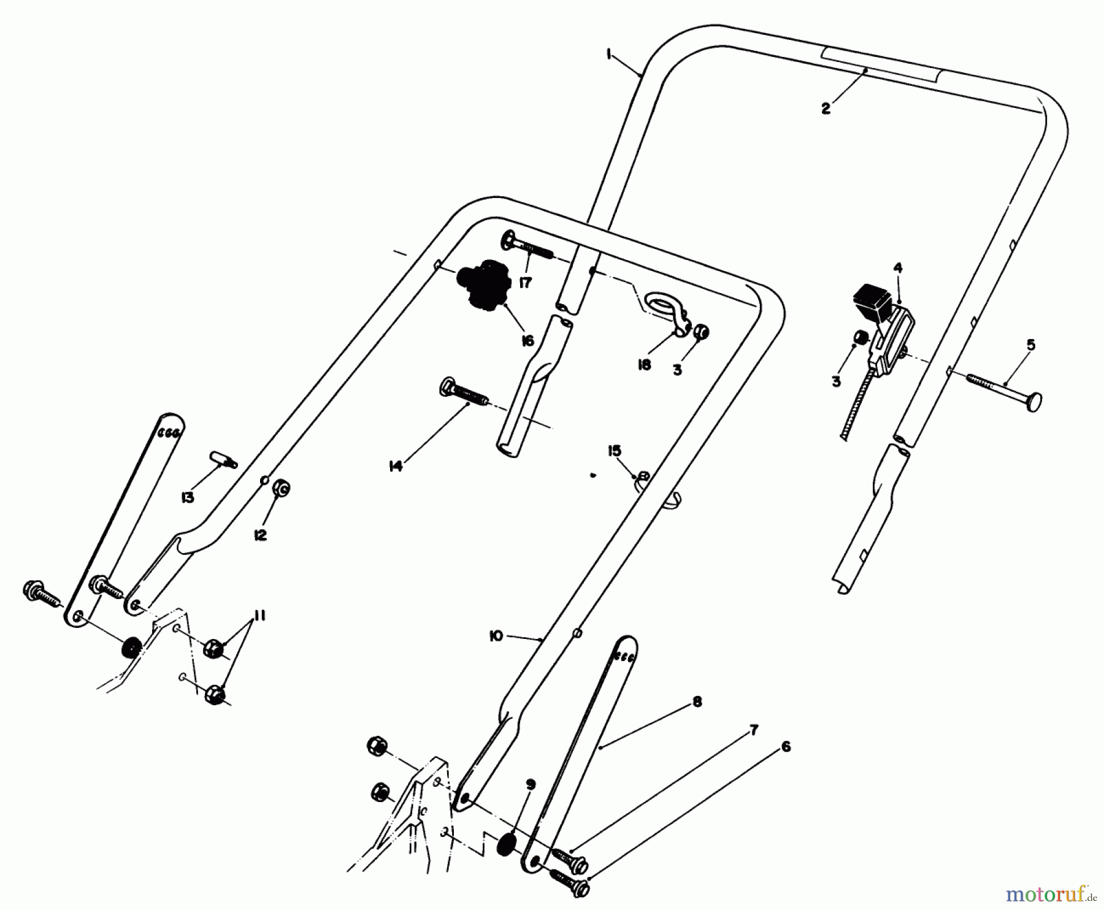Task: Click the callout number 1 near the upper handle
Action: point(608,55)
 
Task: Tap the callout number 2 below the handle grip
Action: point(826,109)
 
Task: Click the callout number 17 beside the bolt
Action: point(525,283)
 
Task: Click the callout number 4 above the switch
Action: point(897,268)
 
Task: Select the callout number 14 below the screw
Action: point(396,467)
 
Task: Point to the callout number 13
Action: point(187,497)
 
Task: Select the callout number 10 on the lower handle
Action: point(496,637)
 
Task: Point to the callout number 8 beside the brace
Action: point(697,703)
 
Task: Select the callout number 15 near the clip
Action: point(615,451)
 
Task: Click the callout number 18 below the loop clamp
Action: point(644,365)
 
